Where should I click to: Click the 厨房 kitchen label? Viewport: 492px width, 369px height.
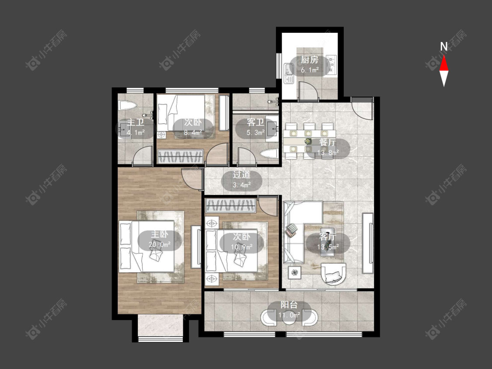point(309,59)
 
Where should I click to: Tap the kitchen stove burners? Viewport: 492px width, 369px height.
point(331,65)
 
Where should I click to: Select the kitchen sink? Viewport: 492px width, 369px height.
point(289,73)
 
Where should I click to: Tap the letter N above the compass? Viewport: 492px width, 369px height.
point(444,47)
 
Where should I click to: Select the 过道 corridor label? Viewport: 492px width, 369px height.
point(241,174)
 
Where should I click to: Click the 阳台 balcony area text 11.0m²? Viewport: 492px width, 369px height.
point(290,315)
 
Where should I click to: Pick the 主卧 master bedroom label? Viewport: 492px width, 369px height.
point(160,234)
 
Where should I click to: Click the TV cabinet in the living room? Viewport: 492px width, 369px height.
point(368,243)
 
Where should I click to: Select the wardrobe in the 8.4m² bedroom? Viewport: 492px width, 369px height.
point(181,156)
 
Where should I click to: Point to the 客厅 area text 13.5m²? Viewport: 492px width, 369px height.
point(328,247)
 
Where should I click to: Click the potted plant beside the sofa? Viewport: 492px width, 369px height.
point(295,272)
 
